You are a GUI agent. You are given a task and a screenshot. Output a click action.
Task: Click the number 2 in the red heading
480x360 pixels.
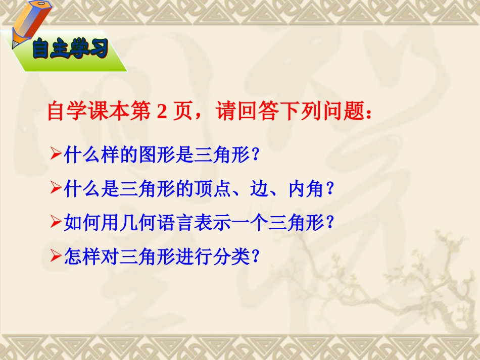[161, 112]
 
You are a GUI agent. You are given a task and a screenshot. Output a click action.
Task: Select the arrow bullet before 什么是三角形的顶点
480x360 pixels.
[57, 189]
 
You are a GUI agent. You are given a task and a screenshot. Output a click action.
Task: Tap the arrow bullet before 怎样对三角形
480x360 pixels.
[57, 258]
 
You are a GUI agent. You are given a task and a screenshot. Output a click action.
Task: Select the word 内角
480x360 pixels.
[306, 189]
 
